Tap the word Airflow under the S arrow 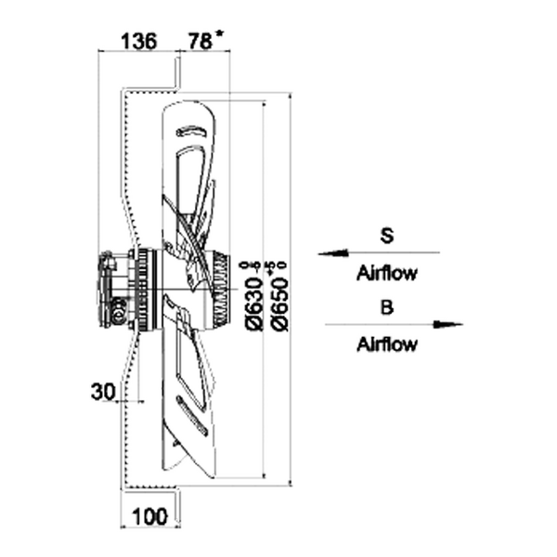[x=387, y=273]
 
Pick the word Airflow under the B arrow [x=387, y=345]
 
